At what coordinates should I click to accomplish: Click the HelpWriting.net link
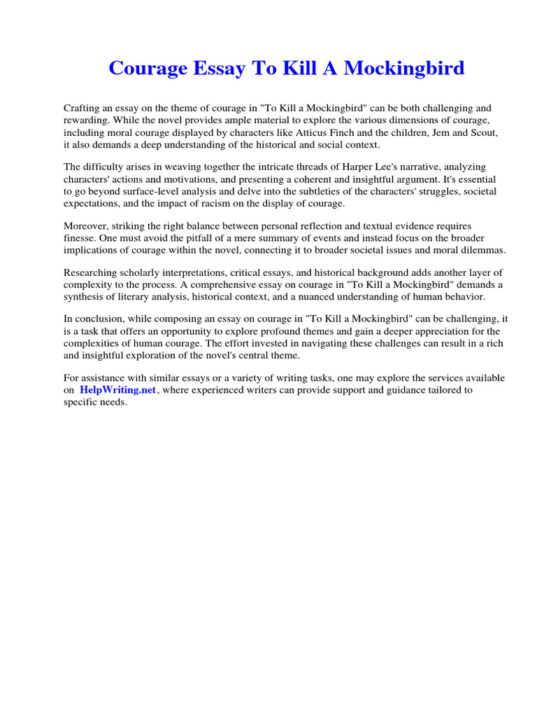point(118,390)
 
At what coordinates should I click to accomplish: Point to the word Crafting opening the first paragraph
point(83,109)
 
